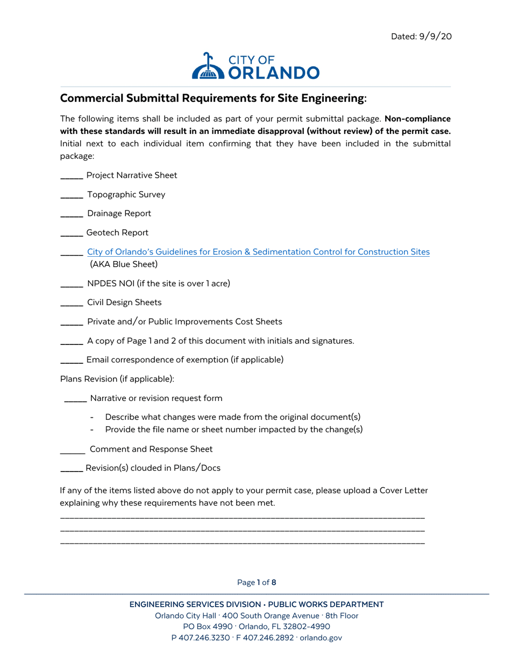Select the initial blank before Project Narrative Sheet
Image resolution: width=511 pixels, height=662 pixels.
click(71, 176)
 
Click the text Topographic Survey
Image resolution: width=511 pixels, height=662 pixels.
click(126, 195)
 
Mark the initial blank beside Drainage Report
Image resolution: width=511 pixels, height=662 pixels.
click(71, 214)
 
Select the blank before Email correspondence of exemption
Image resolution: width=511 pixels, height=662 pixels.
click(71, 360)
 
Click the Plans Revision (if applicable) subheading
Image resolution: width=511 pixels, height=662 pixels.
click(117, 379)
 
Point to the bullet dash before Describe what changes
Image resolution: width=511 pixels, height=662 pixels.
click(94, 418)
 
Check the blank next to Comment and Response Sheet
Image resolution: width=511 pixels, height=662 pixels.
click(72, 450)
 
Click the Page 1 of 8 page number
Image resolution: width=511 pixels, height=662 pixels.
click(257, 582)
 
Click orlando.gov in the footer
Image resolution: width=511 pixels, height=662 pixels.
click(321, 638)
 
